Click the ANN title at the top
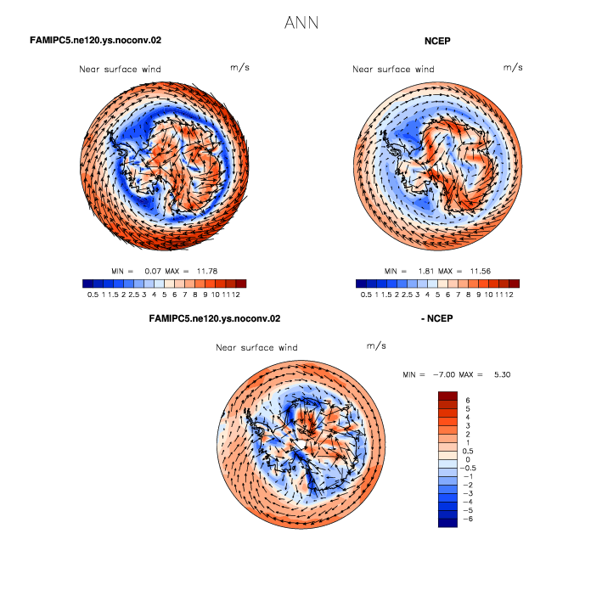pos(301,23)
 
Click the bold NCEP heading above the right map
pos(437,41)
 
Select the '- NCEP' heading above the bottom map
pos(437,318)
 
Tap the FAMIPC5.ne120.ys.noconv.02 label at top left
pos(96,40)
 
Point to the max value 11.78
pos(207,272)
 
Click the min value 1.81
pos(425,272)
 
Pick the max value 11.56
pos(481,272)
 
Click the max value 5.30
pos(502,374)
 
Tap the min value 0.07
pos(153,272)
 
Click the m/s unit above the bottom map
pos(376,345)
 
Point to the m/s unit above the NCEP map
pos(513,68)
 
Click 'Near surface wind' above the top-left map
pos(120,70)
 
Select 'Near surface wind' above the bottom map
pos(256,348)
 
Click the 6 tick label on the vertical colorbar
pos(467,401)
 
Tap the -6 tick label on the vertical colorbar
pos(468,519)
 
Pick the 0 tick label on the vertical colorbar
pos(467,459)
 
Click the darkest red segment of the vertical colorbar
pos(447,396)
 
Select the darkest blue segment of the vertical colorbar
pos(447,523)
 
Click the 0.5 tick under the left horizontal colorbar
pos(93,295)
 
